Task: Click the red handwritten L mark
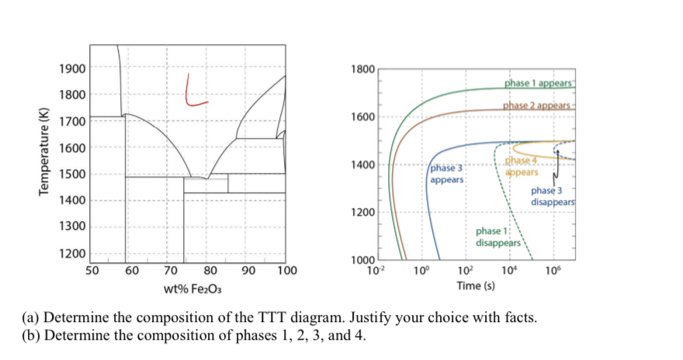pyautogui.click(x=195, y=91)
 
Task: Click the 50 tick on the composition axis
pyautogui.click(x=91, y=271)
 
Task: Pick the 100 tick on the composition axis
pyautogui.click(x=286, y=271)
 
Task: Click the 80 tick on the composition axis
pyautogui.click(x=209, y=271)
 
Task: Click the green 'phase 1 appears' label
pyautogui.click(x=538, y=83)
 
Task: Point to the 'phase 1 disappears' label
pyautogui.click(x=498, y=237)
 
